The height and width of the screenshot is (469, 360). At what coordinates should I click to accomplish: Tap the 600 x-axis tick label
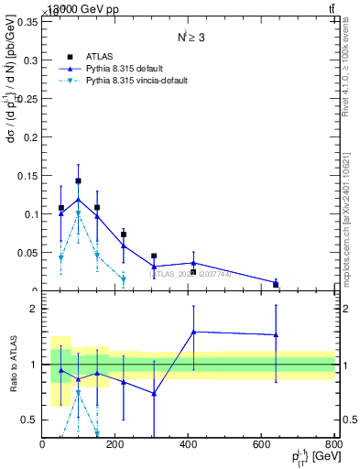click(x=262, y=446)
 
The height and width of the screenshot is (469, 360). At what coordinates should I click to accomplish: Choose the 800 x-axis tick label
click(x=334, y=446)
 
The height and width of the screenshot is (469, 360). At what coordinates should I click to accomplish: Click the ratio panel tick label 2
click(x=33, y=310)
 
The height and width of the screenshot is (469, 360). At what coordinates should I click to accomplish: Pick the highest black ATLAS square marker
click(x=79, y=181)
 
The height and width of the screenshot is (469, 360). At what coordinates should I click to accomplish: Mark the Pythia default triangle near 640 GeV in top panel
click(x=276, y=283)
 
